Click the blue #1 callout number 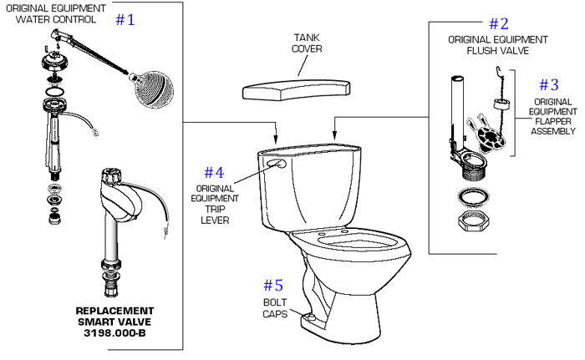[125, 19]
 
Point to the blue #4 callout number [214, 172]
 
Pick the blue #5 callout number [274, 284]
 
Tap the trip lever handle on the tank [275, 165]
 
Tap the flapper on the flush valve [483, 125]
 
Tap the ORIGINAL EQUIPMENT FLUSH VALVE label [498, 44]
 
